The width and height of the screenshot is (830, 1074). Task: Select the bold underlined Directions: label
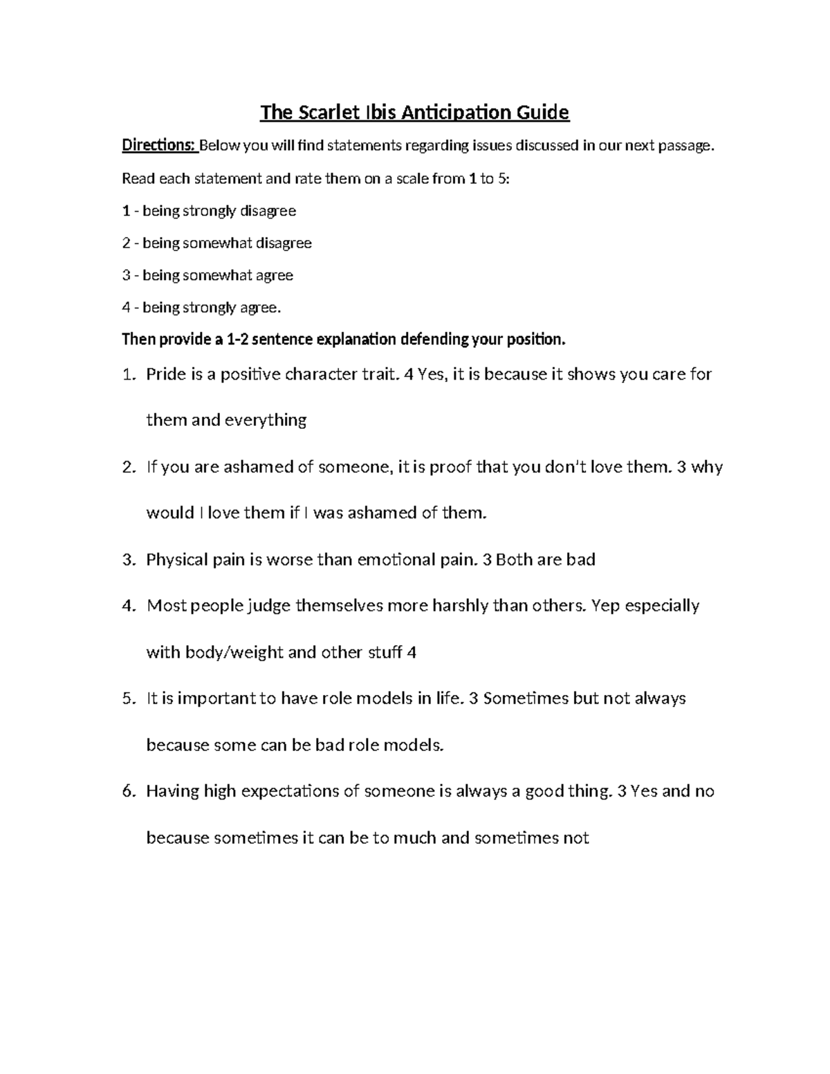159,146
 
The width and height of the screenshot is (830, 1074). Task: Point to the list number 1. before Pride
128,375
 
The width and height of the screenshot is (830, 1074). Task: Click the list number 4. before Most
128,606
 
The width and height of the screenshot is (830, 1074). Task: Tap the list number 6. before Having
128,791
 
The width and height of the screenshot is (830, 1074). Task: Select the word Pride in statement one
165,375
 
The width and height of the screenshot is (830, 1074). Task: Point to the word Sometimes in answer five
526,698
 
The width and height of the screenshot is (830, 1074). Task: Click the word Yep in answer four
607,606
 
